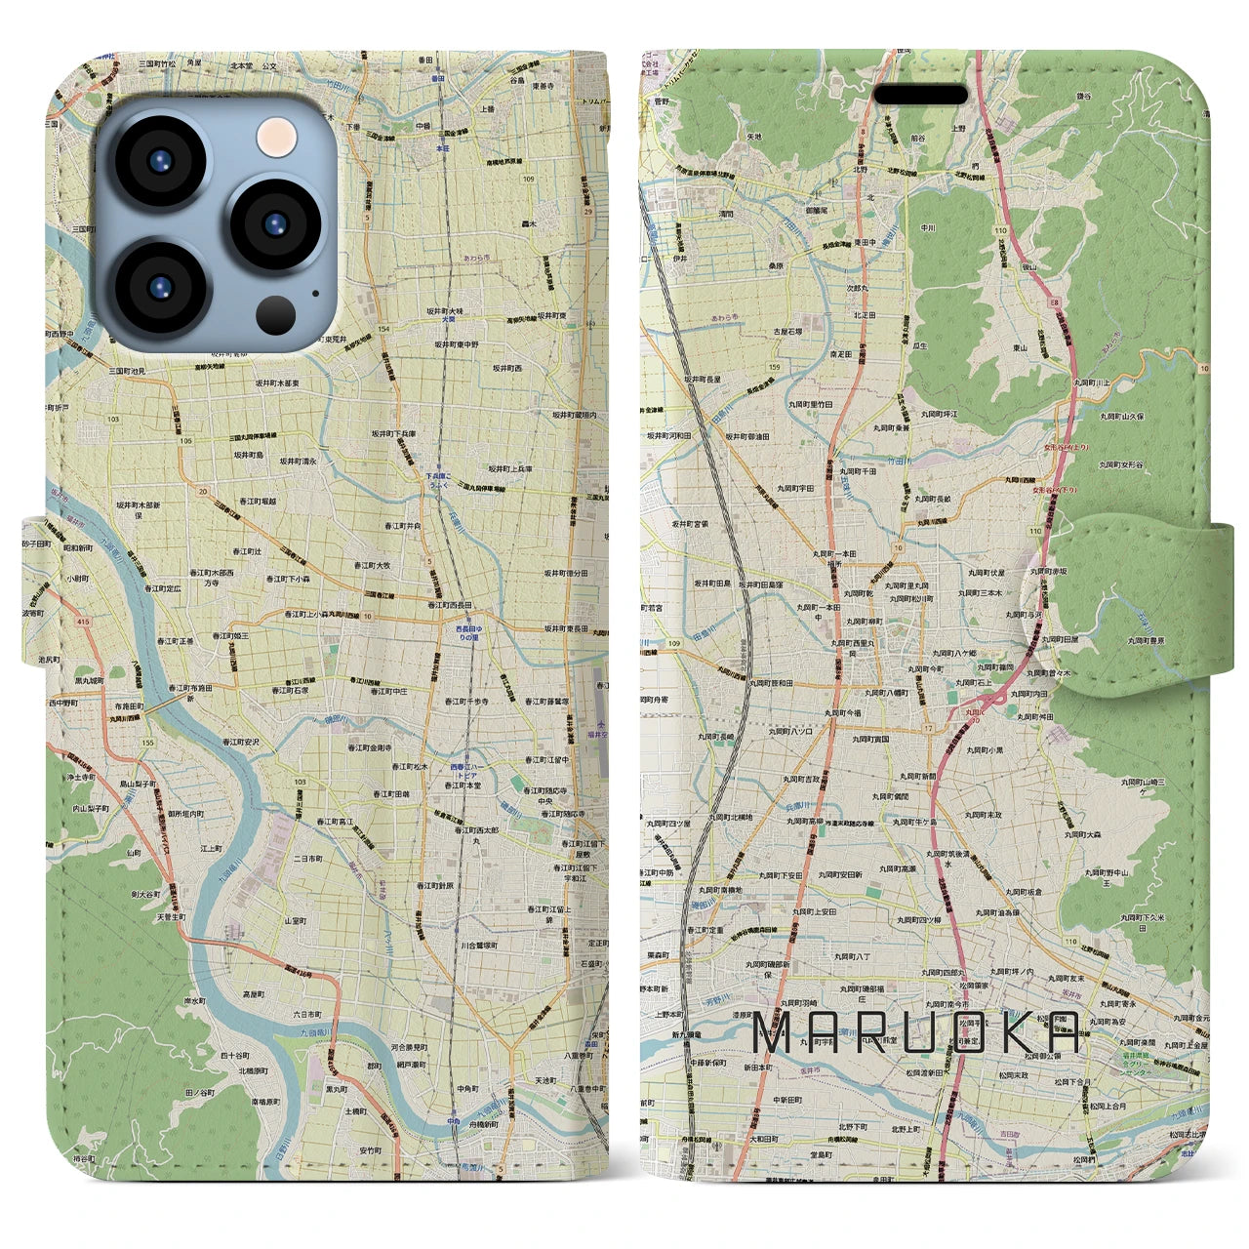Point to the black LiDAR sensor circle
point(277,315)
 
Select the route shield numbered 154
point(384,330)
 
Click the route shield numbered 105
point(185,440)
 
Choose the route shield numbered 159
point(775,367)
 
